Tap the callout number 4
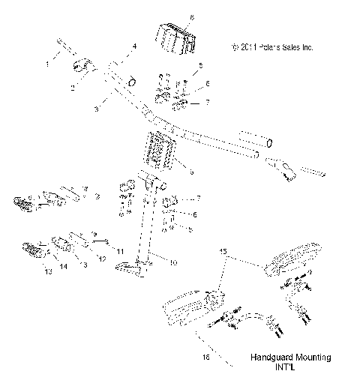point(135,47)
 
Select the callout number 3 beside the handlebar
point(97,109)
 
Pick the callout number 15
point(222,252)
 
